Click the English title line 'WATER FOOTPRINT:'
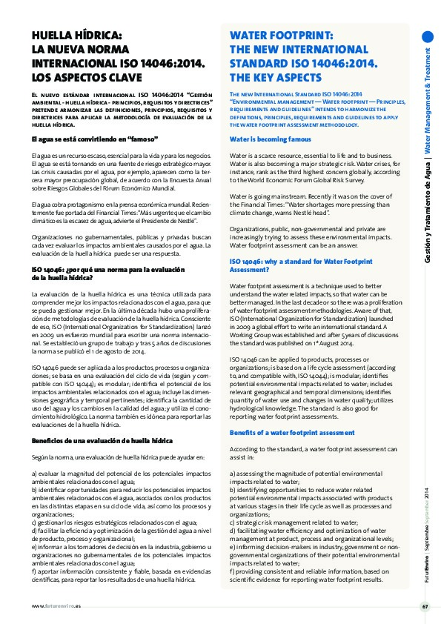pos(281,35)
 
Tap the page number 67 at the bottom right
pos(425,607)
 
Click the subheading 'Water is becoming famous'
pos(270,139)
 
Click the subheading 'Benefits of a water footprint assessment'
pos(292,432)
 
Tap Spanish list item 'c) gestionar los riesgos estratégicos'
pos(108,524)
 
